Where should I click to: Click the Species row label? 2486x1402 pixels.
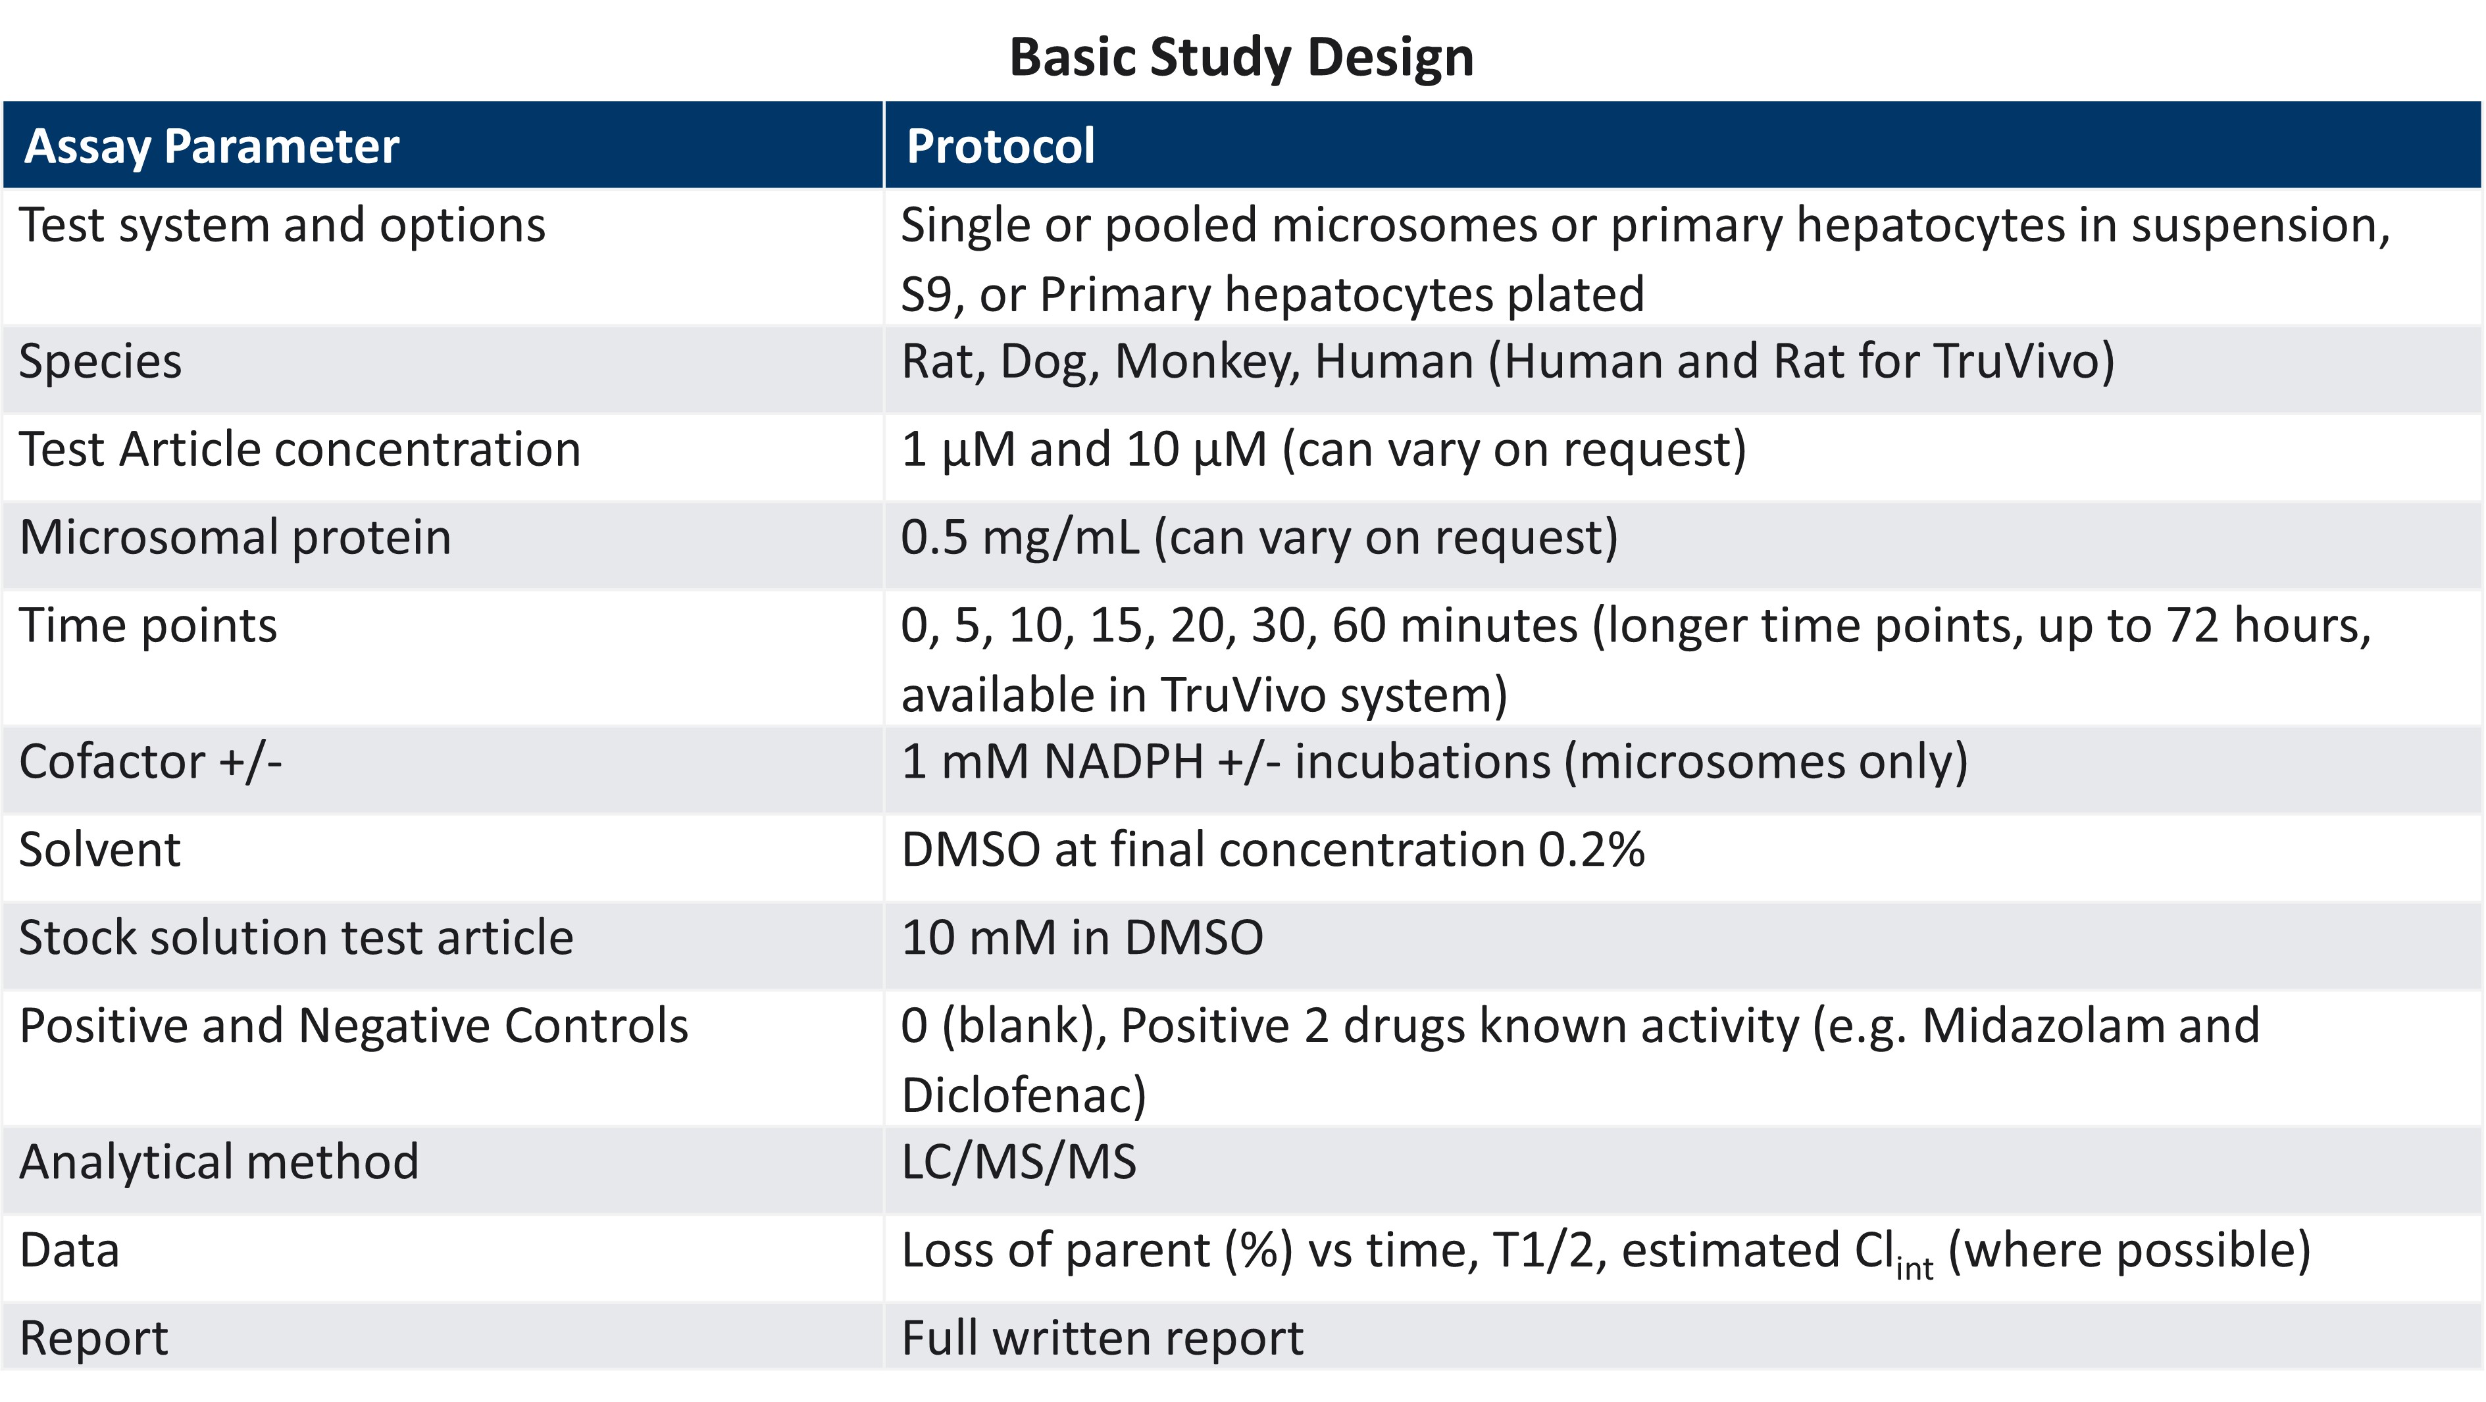(x=101, y=362)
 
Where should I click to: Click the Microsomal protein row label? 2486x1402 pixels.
(x=236, y=538)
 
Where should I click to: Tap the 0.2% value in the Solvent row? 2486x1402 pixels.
(x=1591, y=850)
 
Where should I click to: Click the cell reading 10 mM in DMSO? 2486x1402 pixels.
(x=1082, y=938)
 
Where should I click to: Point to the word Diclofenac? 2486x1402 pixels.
(x=1023, y=1095)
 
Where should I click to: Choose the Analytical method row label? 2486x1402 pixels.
(x=219, y=1162)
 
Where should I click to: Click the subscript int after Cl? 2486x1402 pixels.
(x=1915, y=1267)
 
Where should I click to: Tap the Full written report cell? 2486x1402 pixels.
(x=1102, y=1338)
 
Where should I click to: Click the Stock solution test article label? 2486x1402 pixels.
(x=296, y=938)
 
